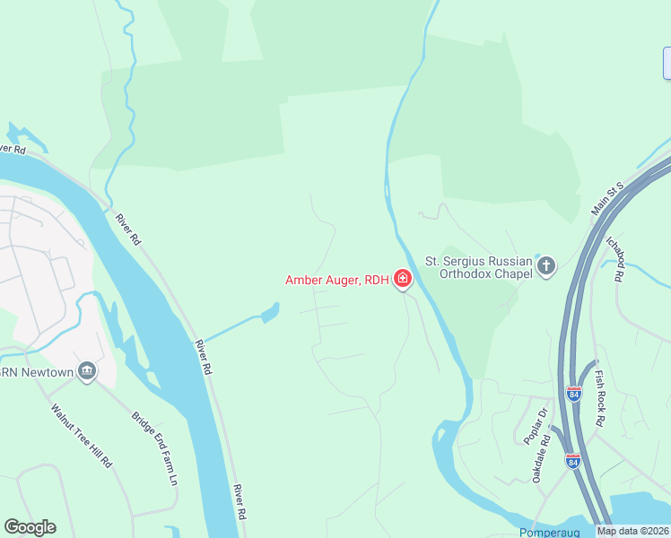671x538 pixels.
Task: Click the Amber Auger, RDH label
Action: tap(336, 280)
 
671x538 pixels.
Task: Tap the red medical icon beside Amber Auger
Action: tap(403, 280)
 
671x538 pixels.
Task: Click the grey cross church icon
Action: tap(546, 266)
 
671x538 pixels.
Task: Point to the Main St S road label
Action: tap(606, 199)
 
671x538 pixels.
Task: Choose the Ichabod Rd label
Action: tap(615, 261)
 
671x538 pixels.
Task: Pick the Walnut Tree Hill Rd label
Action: tap(81, 437)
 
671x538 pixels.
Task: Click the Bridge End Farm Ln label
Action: tap(155, 448)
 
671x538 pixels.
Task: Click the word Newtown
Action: tap(42, 370)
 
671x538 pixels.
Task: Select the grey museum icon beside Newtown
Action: tap(87, 370)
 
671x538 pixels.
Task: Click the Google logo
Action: tap(30, 527)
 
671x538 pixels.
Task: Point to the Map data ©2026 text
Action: tap(633, 531)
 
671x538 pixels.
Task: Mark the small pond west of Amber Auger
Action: tap(267, 314)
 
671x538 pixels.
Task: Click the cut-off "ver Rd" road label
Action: tap(14, 148)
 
